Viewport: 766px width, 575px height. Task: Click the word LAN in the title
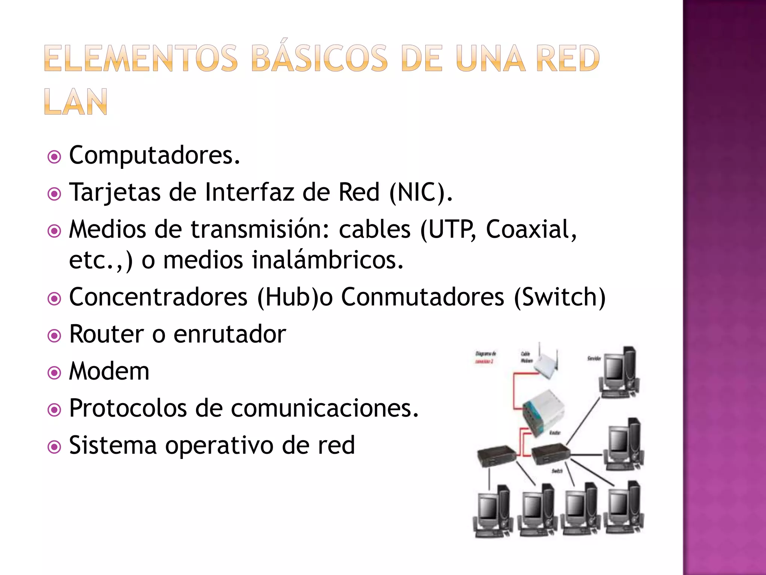tap(76, 102)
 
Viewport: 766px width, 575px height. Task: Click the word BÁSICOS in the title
tap(320, 58)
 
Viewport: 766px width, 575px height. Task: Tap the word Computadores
tap(154, 155)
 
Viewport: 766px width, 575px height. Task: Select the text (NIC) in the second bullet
tap(421, 192)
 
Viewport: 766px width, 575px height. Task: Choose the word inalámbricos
tap(327, 260)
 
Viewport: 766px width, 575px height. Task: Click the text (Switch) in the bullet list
tap(560, 297)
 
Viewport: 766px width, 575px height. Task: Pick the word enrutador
tap(230, 334)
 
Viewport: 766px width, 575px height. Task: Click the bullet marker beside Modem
tap(55, 373)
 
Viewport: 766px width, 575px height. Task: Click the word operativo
tap(219, 445)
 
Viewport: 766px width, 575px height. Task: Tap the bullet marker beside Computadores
tap(55, 157)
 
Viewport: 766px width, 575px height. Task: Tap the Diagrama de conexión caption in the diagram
tap(485, 357)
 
